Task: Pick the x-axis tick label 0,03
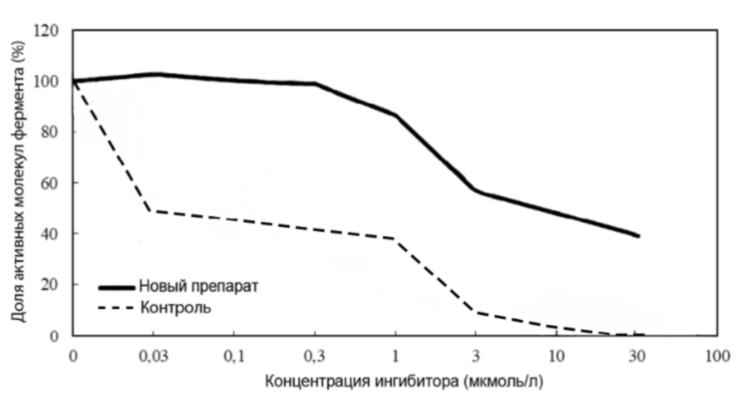point(153,356)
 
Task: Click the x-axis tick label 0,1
point(234,356)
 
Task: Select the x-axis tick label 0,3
point(315,356)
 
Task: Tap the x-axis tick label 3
point(476,356)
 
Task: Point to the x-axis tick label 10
point(556,356)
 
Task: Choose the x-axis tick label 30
point(637,356)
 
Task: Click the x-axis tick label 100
point(717,356)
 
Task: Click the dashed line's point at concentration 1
point(395,238)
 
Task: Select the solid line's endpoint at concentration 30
point(638,235)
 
